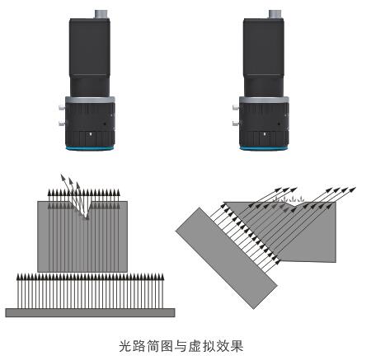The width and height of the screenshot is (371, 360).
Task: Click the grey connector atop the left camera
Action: click(x=102, y=14)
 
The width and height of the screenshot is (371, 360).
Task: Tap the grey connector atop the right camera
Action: click(x=276, y=14)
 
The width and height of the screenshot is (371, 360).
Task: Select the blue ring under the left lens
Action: click(x=90, y=148)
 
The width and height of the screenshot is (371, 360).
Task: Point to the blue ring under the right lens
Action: click(x=264, y=148)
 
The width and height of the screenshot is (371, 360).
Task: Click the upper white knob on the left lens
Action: click(x=62, y=107)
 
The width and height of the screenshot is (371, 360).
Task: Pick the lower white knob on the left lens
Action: click(x=62, y=123)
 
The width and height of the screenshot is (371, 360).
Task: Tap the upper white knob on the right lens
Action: click(x=236, y=107)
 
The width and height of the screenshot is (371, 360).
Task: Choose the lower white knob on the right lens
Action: click(x=236, y=123)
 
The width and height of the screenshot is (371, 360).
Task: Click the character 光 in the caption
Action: click(x=125, y=346)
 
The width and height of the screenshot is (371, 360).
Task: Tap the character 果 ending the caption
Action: click(x=237, y=346)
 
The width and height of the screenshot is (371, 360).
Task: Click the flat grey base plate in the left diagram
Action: click(x=90, y=312)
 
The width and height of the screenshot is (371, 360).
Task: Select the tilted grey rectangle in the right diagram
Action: click(x=227, y=258)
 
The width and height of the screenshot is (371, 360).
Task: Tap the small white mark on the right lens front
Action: click(x=265, y=134)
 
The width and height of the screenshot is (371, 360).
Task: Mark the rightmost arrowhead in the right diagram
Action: click(x=353, y=189)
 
